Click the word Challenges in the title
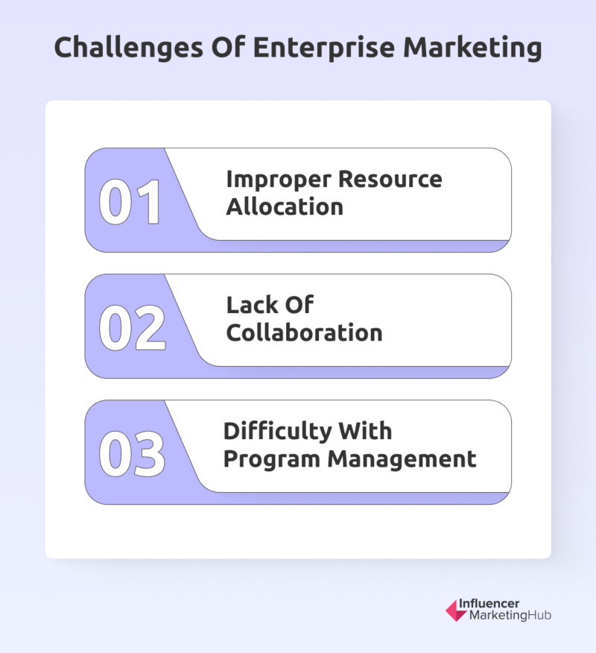[129, 48]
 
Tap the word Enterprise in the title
[324, 48]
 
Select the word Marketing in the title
[472, 48]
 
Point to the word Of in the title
[228, 47]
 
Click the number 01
[130, 203]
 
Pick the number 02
[133, 328]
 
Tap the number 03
[132, 454]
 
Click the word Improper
[279, 180]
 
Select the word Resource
[390, 180]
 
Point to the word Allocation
[285, 206]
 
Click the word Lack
[253, 305]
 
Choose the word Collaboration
[304, 332]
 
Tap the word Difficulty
[277, 432]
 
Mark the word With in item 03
[366, 431]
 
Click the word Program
[272, 460]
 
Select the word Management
[402, 460]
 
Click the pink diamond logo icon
[456, 611]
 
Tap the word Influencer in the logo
[489, 604]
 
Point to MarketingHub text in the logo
[510, 615]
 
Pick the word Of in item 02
[299, 305]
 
